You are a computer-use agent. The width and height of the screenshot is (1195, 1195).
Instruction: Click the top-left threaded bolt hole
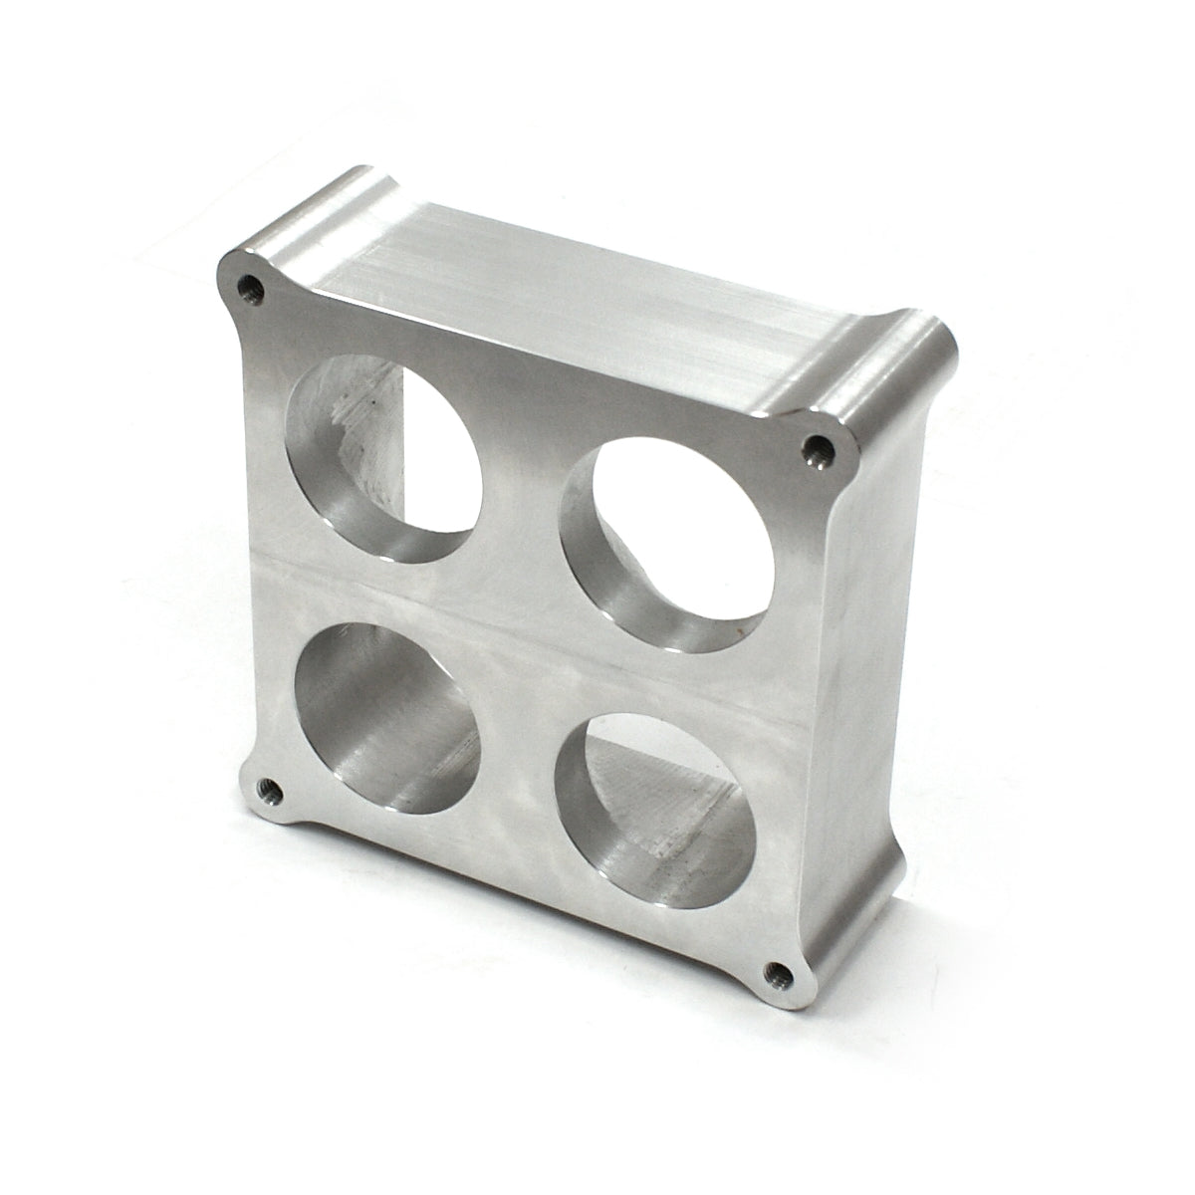(250, 290)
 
